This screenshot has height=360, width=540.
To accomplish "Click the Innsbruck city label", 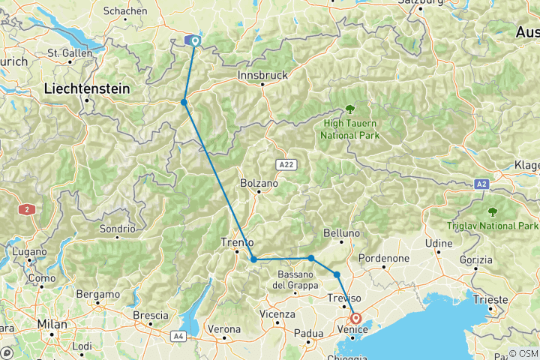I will (x=262, y=76).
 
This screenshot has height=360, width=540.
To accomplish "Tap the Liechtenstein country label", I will (x=86, y=88).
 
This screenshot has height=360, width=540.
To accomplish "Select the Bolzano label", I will (x=259, y=182).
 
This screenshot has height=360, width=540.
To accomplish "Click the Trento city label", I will (x=238, y=242).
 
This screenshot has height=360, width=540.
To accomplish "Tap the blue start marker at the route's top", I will (x=195, y=41).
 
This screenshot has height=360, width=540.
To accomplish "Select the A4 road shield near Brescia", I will (x=178, y=336).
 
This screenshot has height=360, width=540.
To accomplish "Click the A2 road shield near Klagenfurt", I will (x=482, y=183).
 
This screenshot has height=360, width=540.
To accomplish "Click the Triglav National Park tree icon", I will (x=493, y=212).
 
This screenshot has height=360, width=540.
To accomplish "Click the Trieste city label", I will (x=490, y=299).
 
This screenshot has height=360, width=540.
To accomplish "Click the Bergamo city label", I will (x=102, y=294).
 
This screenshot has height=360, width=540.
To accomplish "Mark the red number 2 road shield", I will (x=28, y=210).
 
